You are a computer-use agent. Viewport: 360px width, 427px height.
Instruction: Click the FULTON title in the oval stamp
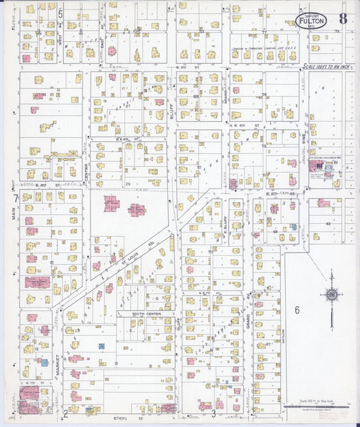[x=312, y=21]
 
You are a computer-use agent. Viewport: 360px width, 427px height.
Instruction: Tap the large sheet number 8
[x=343, y=18]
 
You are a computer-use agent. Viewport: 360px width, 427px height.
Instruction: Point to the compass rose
[x=331, y=294]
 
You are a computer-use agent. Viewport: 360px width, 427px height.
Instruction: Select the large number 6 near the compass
[x=297, y=310]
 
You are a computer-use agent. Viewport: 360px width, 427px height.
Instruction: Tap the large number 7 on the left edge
[x=16, y=199]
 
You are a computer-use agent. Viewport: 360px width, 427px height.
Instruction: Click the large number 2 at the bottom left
[x=66, y=413]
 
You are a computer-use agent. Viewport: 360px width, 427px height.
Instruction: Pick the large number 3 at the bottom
[x=213, y=413]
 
